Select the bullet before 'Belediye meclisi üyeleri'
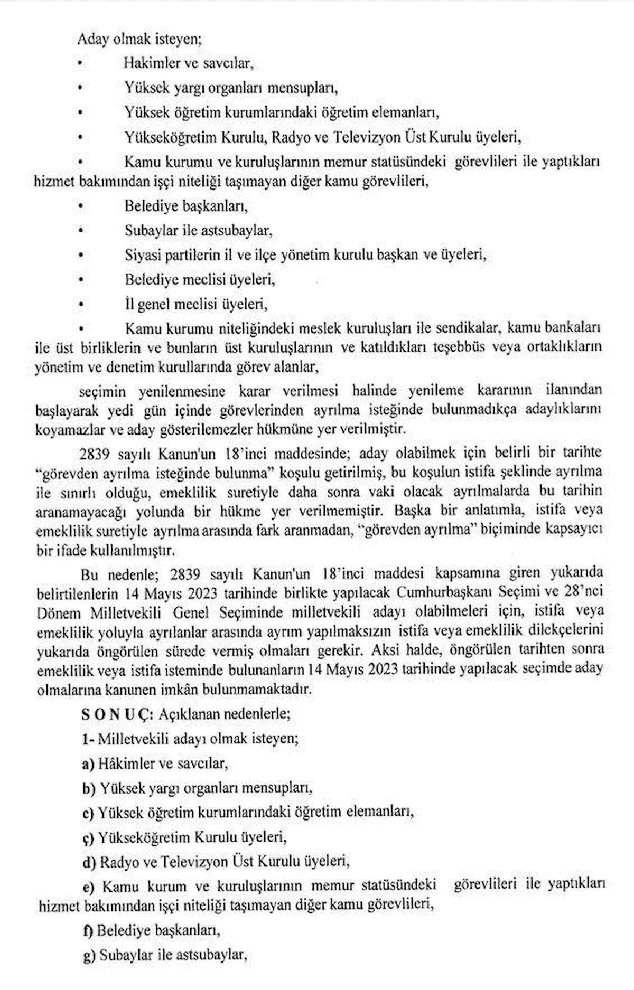tap(80, 279)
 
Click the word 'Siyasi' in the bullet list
tap(139, 254)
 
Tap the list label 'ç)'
tap(88, 837)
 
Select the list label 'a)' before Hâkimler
tap(88, 763)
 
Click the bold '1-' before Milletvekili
tap(88, 739)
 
